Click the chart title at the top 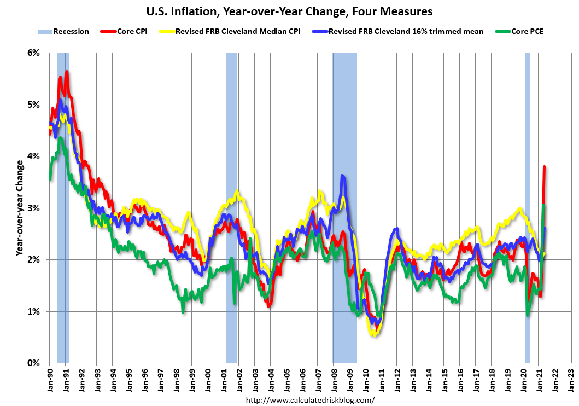click(289, 11)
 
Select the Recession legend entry click(63, 31)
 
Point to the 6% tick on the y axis click(33, 53)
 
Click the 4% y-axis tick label click(33, 156)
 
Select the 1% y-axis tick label click(33, 311)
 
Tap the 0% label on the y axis click(33, 363)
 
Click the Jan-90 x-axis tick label click(50, 378)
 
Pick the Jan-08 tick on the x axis click(333, 378)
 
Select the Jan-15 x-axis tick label click(444, 378)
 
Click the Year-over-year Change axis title click(19, 208)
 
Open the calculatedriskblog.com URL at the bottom click(311, 400)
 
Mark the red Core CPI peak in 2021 click(545, 167)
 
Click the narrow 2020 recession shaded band click(528, 208)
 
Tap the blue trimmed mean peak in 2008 click(342, 176)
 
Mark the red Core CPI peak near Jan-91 click(67, 72)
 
